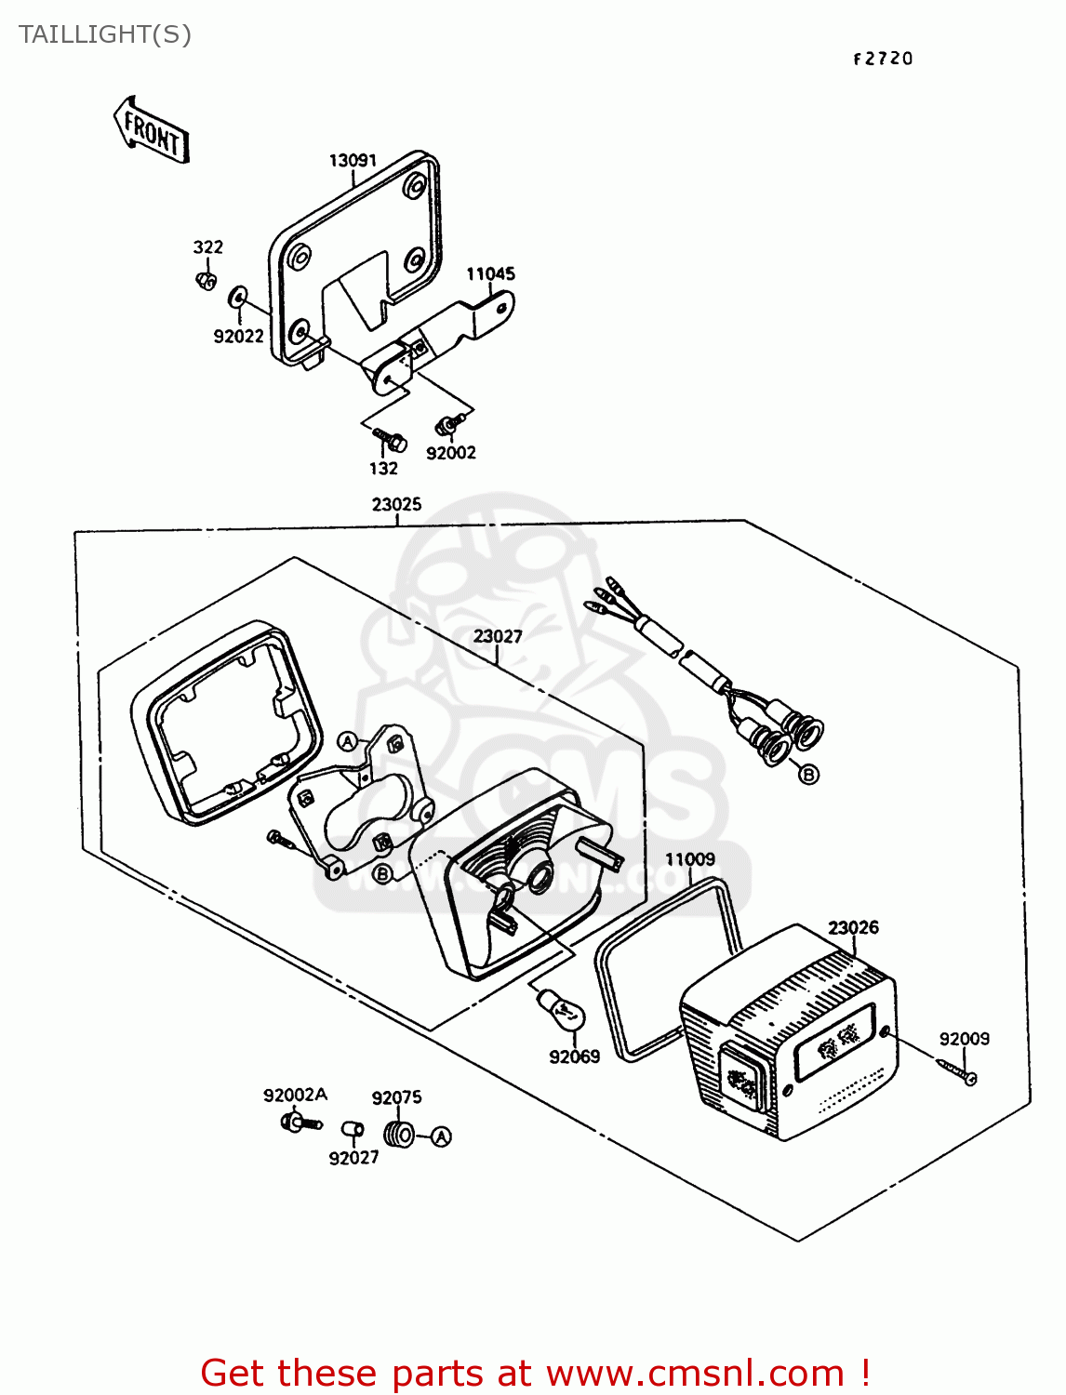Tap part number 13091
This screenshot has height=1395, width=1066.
(353, 160)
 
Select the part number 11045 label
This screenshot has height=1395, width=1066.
(490, 273)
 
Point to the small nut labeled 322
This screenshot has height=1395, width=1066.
(207, 279)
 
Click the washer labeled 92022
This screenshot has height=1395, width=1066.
(237, 298)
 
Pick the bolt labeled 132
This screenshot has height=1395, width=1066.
(390, 438)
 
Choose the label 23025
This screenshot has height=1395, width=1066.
(396, 504)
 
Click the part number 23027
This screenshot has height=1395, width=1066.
(498, 636)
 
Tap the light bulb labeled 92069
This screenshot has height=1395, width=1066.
(555, 1008)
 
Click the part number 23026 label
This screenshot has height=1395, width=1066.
(853, 927)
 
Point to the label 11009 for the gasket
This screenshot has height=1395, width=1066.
(690, 859)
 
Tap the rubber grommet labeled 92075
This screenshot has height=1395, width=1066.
(399, 1135)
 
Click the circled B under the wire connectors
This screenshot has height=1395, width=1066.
(808, 774)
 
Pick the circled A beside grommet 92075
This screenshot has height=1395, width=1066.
(441, 1136)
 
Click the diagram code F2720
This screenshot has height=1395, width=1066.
(883, 59)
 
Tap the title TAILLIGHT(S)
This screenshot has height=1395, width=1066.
(105, 34)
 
